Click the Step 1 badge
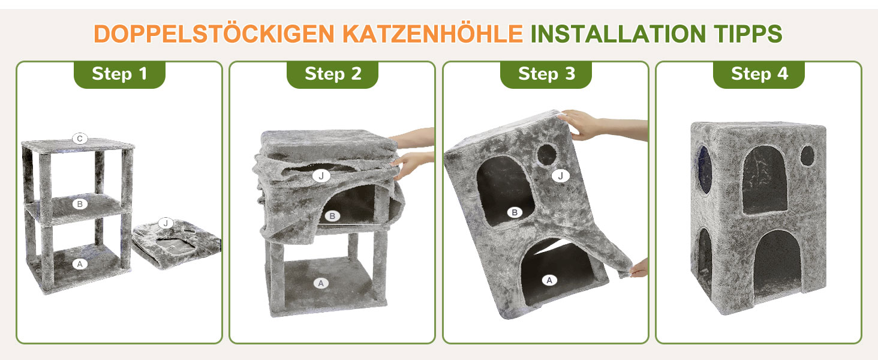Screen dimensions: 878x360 tap(119, 74)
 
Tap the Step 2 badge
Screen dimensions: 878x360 tap(332, 74)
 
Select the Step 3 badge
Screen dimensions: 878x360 tap(546, 74)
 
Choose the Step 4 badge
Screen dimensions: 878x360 tap(759, 74)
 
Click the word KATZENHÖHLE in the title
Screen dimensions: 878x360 tap(433, 34)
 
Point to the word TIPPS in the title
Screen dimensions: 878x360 tap(748, 34)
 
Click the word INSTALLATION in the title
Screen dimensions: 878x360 tap(618, 34)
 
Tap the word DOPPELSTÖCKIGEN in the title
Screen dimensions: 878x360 tap(214, 34)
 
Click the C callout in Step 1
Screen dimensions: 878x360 tap(80, 139)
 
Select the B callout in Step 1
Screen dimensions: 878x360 tap(80, 204)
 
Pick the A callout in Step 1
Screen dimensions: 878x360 tap(80, 264)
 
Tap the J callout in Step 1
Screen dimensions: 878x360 tap(166, 223)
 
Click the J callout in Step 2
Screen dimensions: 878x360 tap(321, 176)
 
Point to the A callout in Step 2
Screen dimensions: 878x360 tap(321, 283)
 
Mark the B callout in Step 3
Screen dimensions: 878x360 tap(515, 212)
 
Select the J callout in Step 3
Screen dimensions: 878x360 tap(561, 176)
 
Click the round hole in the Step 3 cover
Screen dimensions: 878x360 tap(547, 155)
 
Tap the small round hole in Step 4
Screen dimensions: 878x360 tap(807, 155)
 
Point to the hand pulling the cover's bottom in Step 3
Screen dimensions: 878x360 tap(638, 268)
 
